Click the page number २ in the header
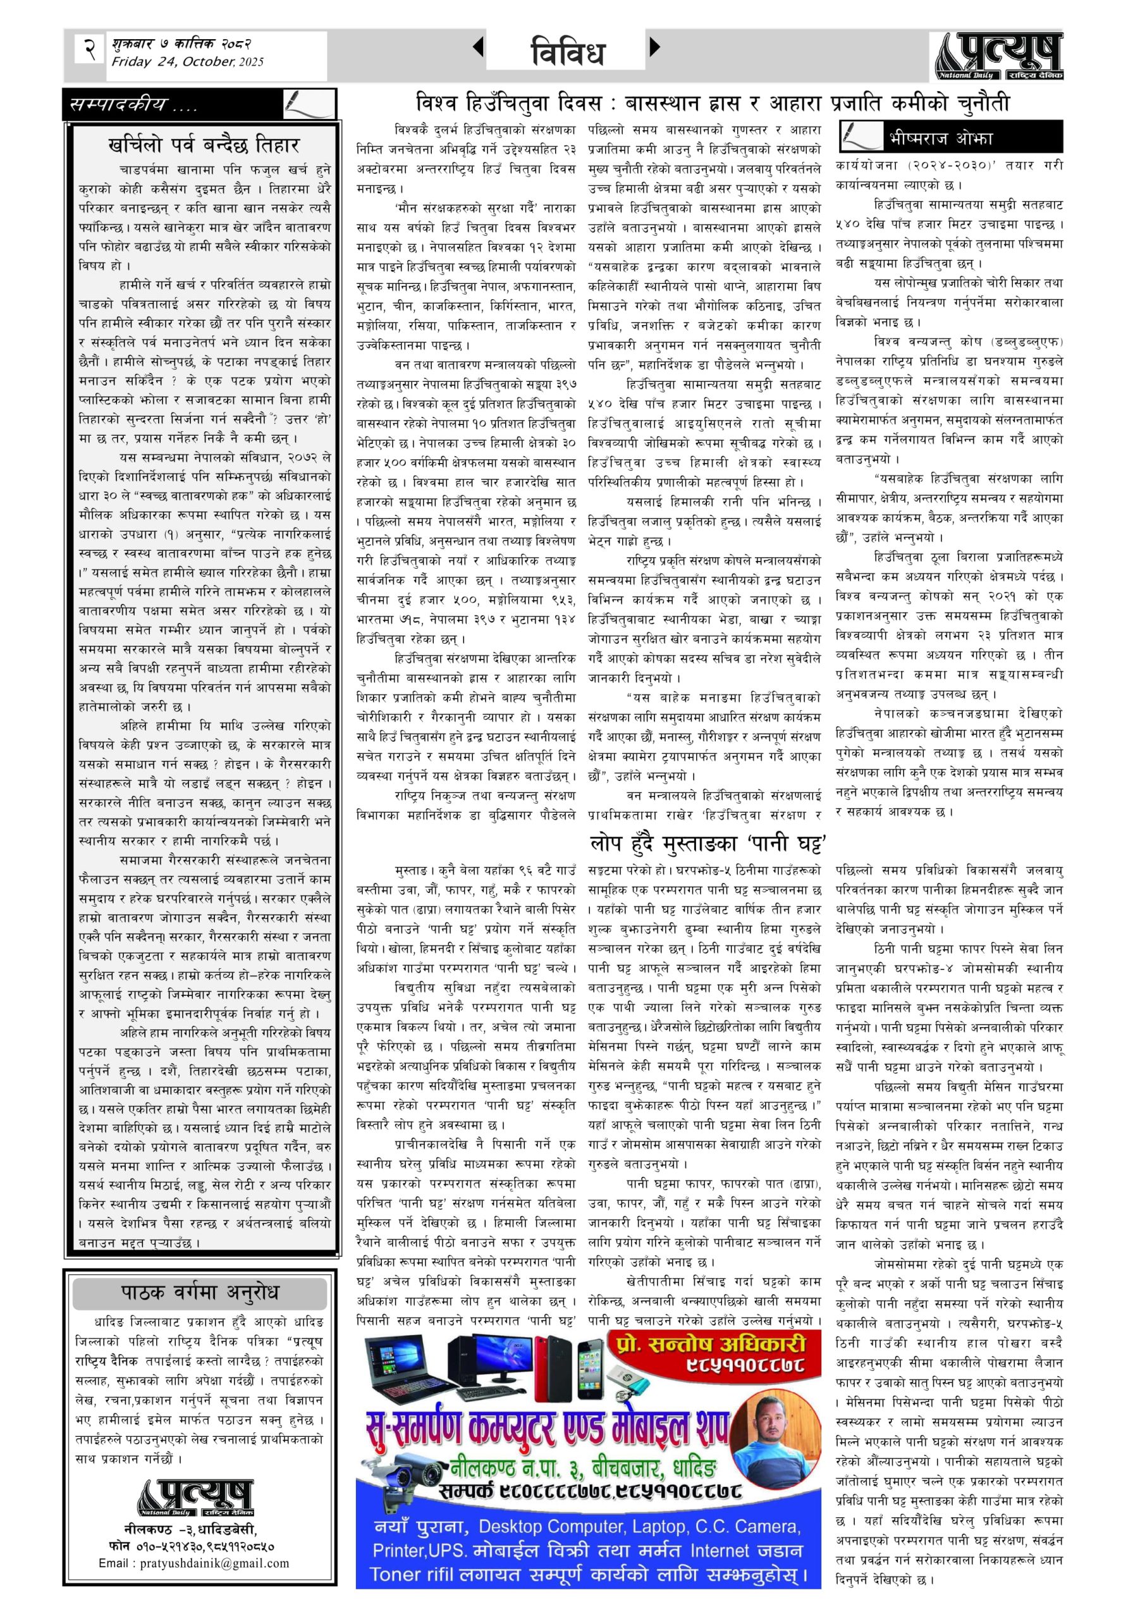click(90, 49)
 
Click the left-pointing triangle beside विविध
click(478, 47)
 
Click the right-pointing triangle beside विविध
click(654, 47)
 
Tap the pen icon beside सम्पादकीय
click(308, 104)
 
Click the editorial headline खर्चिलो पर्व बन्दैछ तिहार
click(204, 145)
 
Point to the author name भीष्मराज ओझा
click(941, 137)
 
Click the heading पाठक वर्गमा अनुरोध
click(200, 1293)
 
